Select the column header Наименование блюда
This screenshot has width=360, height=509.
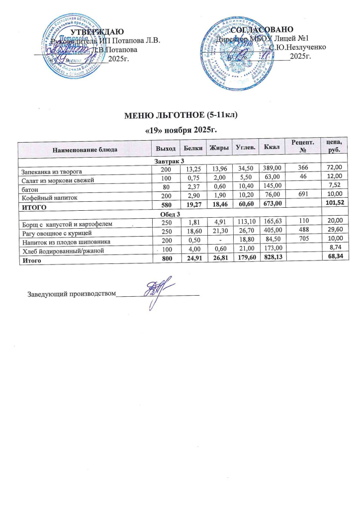[x=84, y=148]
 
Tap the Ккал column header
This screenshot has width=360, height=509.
[x=271, y=148]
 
